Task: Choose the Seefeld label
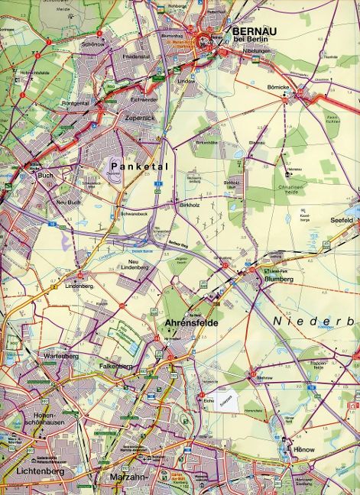click(341, 220)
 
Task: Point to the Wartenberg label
click(61, 356)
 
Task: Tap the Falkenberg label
click(116, 367)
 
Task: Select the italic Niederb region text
click(313, 322)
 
